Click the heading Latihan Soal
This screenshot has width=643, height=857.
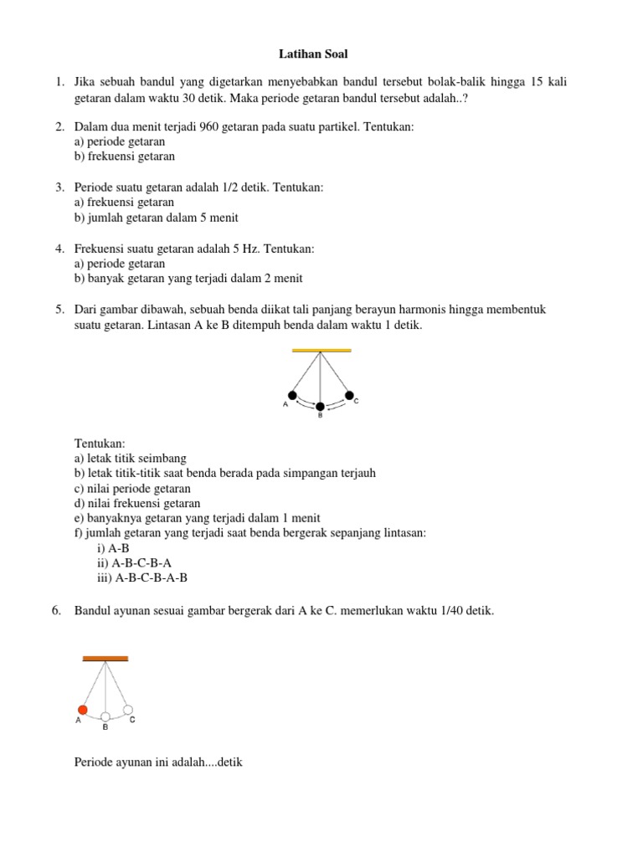pyautogui.click(x=312, y=54)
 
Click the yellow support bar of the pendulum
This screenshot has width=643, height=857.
pyautogui.click(x=321, y=350)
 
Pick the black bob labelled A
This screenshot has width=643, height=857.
pyautogui.click(x=292, y=395)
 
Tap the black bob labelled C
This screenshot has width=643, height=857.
pyautogui.click(x=350, y=395)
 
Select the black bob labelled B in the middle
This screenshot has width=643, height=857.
pyautogui.click(x=320, y=406)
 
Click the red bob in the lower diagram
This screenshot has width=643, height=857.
pyautogui.click(x=83, y=710)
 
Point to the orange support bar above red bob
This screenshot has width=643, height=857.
pyautogui.click(x=105, y=659)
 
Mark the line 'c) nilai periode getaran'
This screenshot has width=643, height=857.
pyautogui.click(x=132, y=488)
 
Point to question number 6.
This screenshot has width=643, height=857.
pyautogui.click(x=56, y=611)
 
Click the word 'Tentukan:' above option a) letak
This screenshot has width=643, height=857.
pyautogui.click(x=100, y=443)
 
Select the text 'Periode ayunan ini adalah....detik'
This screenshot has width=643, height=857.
pyautogui.click(x=158, y=763)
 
